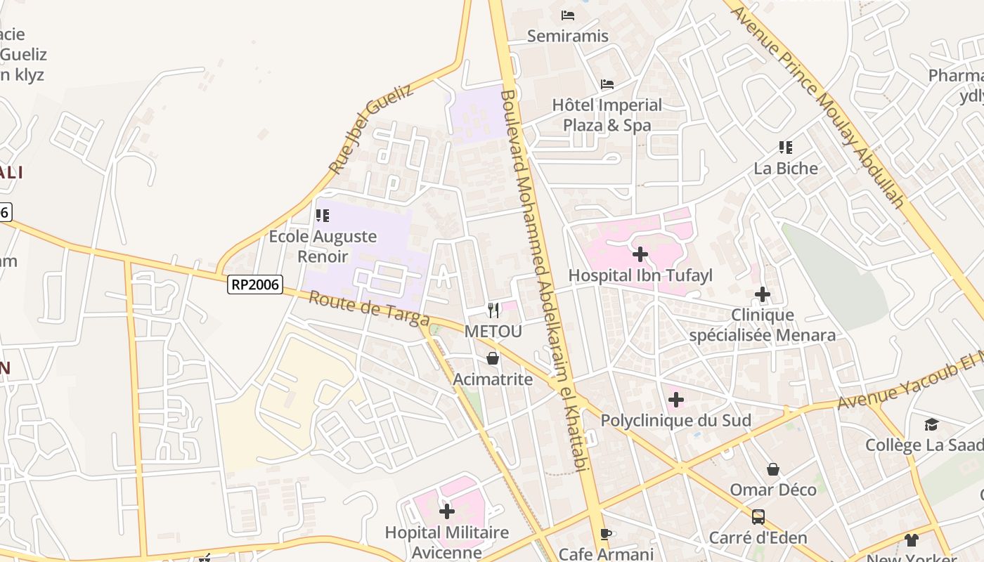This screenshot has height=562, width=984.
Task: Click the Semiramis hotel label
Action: (567, 36)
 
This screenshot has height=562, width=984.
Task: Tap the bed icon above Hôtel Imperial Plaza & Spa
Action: (607, 84)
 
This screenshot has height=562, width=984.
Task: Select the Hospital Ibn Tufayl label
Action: (640, 275)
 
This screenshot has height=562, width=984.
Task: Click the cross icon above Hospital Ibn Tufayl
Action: (640, 254)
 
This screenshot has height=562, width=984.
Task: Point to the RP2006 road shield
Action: (255, 285)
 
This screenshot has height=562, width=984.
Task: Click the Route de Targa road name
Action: (369, 309)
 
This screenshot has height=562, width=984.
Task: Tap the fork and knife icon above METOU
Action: (493, 310)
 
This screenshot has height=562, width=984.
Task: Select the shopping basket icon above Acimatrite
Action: (493, 358)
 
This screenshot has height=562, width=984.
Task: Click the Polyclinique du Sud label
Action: (675, 420)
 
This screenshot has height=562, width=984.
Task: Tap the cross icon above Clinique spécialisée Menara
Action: (763, 294)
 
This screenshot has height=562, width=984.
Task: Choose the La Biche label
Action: (786, 169)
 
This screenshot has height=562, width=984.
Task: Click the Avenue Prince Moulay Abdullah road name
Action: (819, 105)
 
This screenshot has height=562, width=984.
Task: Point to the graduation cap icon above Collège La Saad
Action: (931, 424)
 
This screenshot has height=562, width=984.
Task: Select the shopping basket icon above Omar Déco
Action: (773, 469)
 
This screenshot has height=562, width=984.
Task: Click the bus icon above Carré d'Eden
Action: (758, 517)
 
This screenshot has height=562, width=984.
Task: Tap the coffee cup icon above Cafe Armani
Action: (606, 534)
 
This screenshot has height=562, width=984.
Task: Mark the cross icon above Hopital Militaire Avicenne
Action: (446, 511)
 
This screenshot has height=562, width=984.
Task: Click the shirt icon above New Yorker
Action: (911, 540)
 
